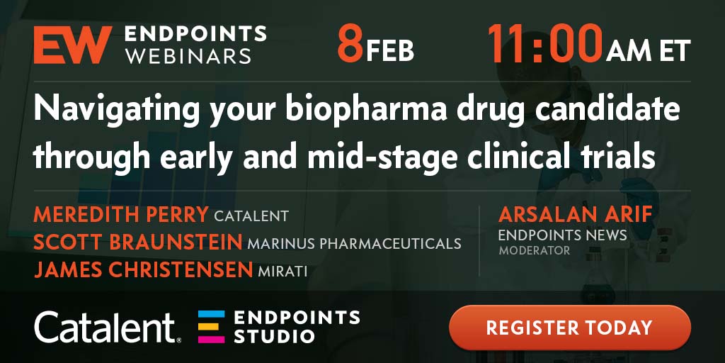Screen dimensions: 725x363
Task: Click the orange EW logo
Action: click(x=73, y=45)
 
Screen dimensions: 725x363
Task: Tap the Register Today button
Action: click(x=570, y=328)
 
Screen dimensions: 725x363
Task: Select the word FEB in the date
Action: click(x=390, y=50)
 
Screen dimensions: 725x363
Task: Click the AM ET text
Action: click(x=649, y=50)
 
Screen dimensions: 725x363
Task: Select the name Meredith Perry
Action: click(x=121, y=214)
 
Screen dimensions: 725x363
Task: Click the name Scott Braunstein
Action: click(x=138, y=242)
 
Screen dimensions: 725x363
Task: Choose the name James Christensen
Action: click(x=143, y=270)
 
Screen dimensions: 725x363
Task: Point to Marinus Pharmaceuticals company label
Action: click(x=354, y=244)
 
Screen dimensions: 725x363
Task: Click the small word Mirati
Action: click(x=282, y=272)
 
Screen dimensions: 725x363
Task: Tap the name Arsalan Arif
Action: click(x=576, y=214)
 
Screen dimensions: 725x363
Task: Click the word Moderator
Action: click(x=534, y=251)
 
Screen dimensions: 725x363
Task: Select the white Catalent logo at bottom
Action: click(x=108, y=328)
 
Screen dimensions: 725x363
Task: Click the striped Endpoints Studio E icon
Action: click(x=211, y=327)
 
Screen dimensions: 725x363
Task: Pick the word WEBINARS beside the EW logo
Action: click(x=188, y=55)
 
